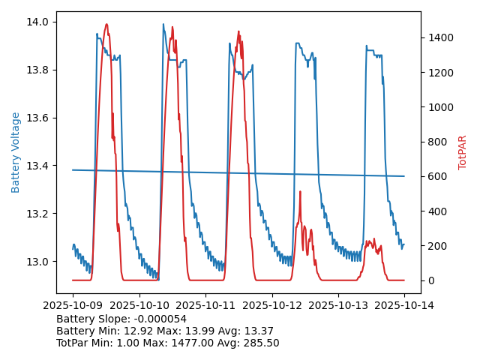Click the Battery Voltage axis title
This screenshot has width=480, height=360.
pos(16,152)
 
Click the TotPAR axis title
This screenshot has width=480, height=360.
pos(463,152)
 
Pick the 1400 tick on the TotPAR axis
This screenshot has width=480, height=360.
pos(440,37)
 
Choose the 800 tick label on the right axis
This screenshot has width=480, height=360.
pos(437,142)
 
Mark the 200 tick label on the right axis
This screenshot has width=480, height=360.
pos(437,246)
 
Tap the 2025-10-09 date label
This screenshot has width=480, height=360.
pos(73,305)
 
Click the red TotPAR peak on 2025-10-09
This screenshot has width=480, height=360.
pos(106,24)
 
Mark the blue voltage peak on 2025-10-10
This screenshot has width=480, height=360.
pos(163,24)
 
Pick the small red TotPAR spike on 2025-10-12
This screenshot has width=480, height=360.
pos(300,191)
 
